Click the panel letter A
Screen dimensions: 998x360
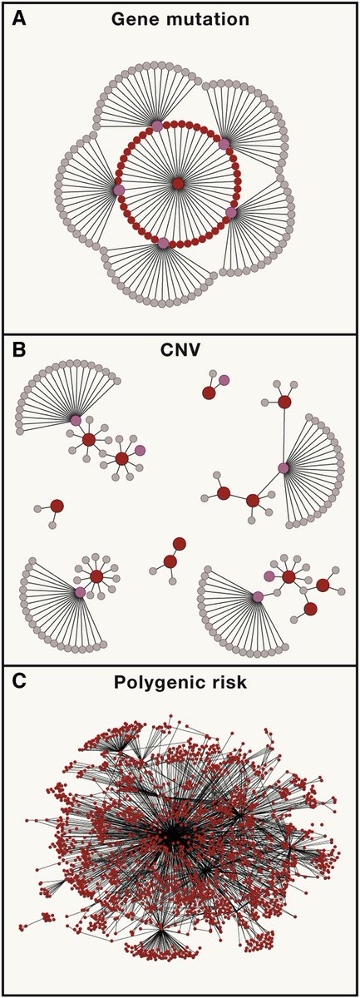(17, 18)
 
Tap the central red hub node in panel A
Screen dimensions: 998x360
(177, 183)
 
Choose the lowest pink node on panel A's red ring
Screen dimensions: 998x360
(163, 243)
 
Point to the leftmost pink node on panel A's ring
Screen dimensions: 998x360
(119, 190)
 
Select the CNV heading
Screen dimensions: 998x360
(178, 350)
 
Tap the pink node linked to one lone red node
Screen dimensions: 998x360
(224, 380)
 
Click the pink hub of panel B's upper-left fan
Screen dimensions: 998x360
(76, 421)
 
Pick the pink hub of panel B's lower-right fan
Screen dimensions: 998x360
(258, 596)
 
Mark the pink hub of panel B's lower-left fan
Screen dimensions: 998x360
(80, 592)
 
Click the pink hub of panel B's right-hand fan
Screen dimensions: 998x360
(284, 469)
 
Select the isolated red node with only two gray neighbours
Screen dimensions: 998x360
(57, 506)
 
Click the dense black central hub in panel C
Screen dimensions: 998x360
(175, 832)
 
